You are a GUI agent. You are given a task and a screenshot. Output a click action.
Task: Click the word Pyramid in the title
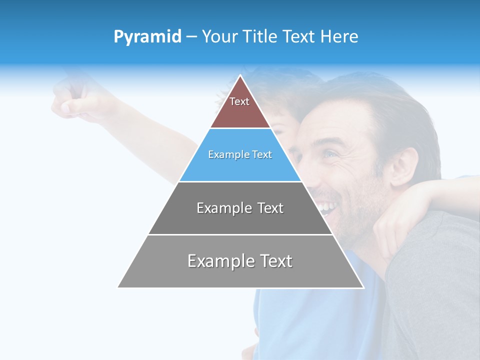(147, 37)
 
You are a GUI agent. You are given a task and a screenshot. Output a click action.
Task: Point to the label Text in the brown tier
(239, 101)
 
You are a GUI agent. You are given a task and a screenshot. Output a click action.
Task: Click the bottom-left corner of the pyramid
(118, 287)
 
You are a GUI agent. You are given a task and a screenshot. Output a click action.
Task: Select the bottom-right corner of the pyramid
(363, 287)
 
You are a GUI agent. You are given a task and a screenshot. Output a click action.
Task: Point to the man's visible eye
(330, 154)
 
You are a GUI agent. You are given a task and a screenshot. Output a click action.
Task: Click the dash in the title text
(191, 37)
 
